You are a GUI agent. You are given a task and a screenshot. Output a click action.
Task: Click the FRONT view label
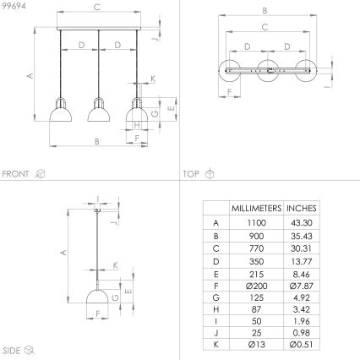[16, 174]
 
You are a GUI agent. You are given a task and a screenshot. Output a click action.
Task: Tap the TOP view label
[191, 174]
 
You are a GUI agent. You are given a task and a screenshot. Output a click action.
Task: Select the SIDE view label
[12, 348]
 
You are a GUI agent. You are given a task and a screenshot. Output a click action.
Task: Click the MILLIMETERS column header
[256, 207]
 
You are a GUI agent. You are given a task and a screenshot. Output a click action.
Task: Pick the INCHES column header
[302, 207]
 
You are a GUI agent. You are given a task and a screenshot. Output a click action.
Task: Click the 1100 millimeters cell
[256, 221]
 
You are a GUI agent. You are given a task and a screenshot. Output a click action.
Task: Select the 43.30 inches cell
[302, 221]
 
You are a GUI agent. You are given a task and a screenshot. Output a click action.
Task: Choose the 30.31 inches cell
[302, 247]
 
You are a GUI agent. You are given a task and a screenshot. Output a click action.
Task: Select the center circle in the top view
[268, 71]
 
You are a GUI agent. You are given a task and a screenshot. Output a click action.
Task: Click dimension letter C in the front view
[97, 7]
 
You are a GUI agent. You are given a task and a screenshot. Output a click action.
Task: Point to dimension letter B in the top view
[265, 11]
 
